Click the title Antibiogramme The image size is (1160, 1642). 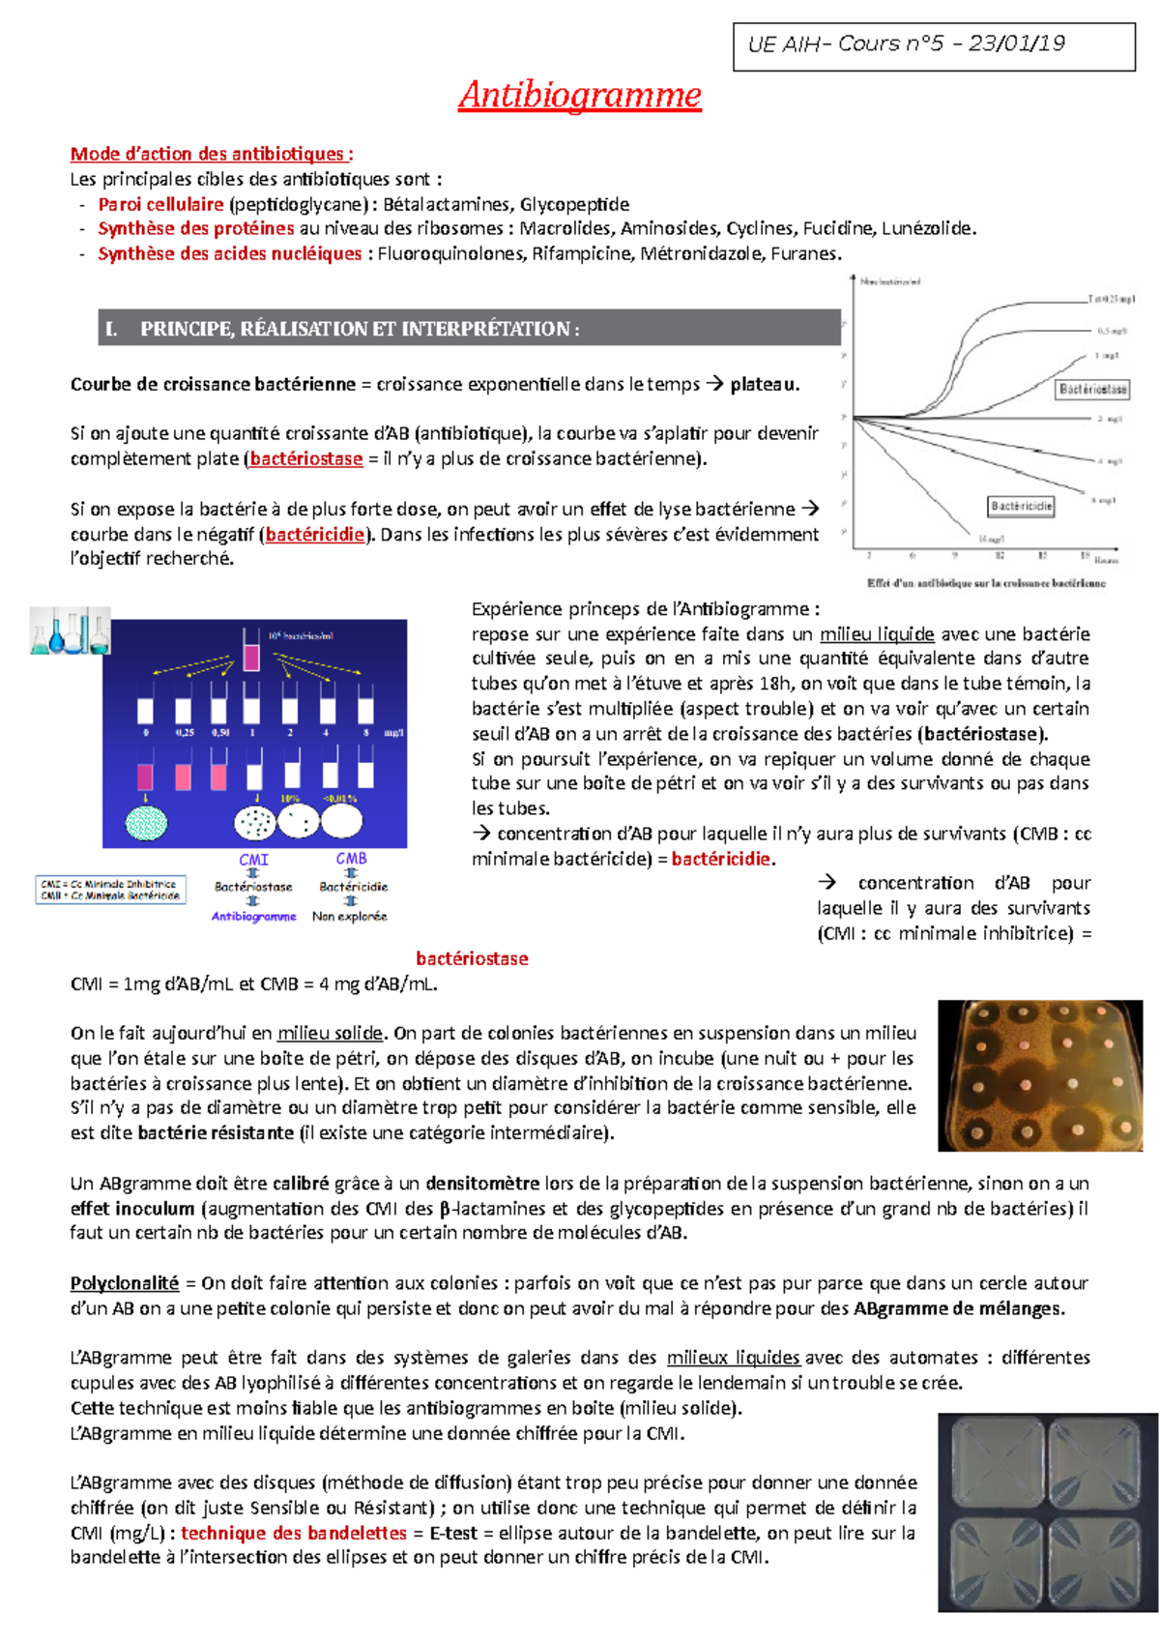580,95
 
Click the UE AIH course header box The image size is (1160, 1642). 935,45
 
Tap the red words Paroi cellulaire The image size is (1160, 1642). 160,204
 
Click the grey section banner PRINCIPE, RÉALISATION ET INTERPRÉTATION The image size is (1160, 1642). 469,329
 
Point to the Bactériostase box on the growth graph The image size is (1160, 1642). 1092,389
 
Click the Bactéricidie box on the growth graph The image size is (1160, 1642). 1021,506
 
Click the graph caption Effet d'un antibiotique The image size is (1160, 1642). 985,583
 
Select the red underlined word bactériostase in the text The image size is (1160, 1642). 306,458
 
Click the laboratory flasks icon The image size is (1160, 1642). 70,631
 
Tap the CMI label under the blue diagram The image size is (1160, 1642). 253,859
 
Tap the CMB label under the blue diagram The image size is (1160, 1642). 351,858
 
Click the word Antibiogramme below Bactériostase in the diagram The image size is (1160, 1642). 253,916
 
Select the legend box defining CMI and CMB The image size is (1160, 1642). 110,889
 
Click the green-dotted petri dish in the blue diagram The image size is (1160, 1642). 147,822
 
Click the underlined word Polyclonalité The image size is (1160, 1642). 125,1283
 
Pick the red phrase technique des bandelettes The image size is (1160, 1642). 294,1533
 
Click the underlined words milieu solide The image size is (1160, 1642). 330,1033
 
